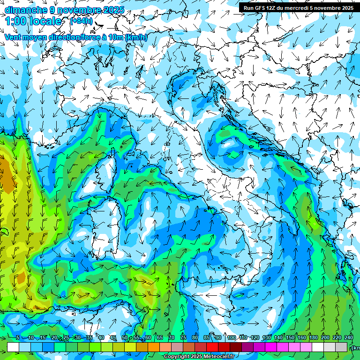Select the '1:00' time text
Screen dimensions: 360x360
click(x=15, y=21)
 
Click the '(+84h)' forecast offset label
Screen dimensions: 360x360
click(x=81, y=21)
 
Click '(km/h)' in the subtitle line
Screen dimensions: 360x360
click(x=136, y=37)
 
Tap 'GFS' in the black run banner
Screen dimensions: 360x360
click(x=259, y=8)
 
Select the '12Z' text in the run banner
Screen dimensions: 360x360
click(x=271, y=8)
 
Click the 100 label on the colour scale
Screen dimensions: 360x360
click(x=231, y=337)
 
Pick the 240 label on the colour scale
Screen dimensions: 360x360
click(x=349, y=337)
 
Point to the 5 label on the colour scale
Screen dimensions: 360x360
click(x=17, y=337)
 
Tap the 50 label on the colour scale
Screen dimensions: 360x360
click(x=125, y=337)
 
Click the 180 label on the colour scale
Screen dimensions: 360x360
click(x=314, y=337)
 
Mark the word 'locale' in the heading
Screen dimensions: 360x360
click(x=46, y=21)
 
